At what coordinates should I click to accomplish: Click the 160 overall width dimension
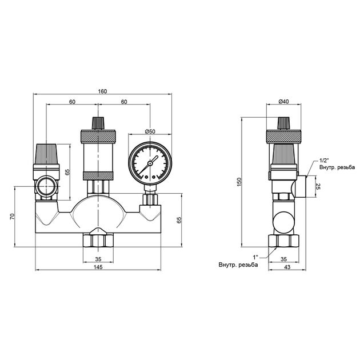[x=102, y=91]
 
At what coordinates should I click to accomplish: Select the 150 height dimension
[x=241, y=181]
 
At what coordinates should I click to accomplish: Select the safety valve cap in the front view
[x=47, y=153]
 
